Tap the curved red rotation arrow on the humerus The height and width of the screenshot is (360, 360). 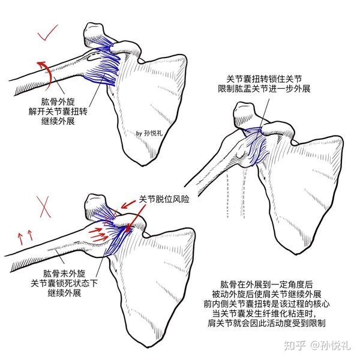tap(43, 69)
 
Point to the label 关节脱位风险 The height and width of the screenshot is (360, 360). tap(164, 199)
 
